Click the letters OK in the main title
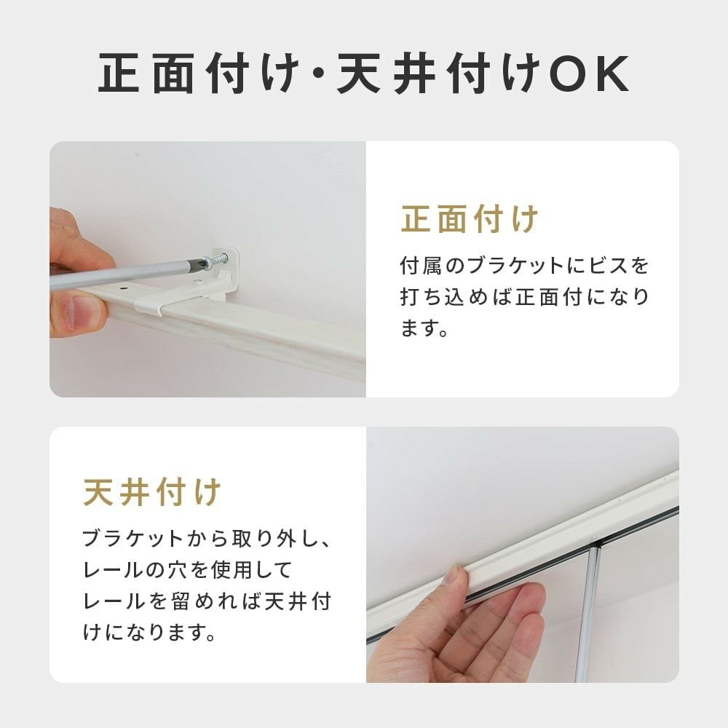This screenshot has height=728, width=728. [589, 74]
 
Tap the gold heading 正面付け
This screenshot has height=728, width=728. [470, 218]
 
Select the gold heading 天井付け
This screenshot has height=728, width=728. [152, 492]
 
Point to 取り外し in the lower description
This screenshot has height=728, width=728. [267, 539]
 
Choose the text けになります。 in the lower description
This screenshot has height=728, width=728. [149, 632]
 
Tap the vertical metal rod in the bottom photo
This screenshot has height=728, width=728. [587, 612]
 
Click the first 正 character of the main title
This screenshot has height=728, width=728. [119, 74]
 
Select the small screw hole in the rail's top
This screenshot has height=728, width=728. [124, 288]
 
